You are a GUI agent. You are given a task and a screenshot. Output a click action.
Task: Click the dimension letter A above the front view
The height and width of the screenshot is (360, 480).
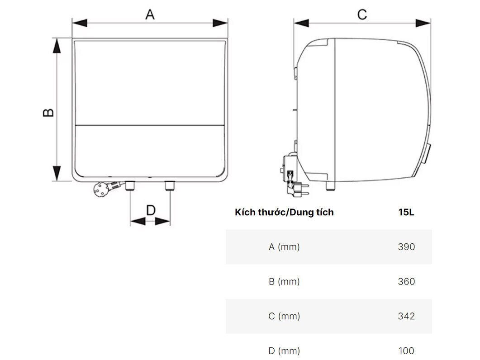(x=150, y=14)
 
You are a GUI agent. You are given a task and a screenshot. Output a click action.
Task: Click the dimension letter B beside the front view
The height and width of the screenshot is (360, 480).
(x=48, y=112)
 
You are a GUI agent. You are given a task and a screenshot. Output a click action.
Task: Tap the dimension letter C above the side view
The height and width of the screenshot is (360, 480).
(x=362, y=14)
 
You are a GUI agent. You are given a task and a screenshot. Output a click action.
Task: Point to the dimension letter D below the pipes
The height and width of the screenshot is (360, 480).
(x=151, y=210)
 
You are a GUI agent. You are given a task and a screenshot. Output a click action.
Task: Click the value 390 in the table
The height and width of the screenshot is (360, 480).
(x=406, y=247)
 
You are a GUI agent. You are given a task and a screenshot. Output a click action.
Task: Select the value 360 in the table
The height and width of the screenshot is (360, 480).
(x=406, y=281)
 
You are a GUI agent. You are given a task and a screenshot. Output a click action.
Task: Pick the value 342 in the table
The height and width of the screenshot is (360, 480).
(x=406, y=316)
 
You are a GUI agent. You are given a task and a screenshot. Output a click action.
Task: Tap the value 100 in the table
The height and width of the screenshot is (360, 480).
(x=406, y=351)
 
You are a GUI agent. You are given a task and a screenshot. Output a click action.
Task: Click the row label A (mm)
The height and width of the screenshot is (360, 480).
(x=284, y=247)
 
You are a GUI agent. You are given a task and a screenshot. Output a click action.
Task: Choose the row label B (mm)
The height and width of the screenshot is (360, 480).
(x=284, y=281)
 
